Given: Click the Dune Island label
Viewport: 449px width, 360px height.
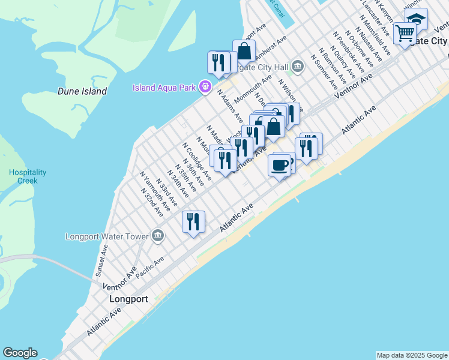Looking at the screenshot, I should coord(82,92).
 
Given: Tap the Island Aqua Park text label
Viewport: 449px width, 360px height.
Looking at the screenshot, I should coord(164,88).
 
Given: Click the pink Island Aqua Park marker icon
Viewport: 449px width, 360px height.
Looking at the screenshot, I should coord(205,88).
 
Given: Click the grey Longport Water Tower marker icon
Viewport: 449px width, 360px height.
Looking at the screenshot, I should coord(157,235).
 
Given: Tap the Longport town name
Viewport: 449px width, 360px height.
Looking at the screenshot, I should coord(128,298).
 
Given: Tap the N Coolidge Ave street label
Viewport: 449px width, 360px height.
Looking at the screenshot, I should coord(197,161).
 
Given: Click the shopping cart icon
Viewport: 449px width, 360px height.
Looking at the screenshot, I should coord(405,34).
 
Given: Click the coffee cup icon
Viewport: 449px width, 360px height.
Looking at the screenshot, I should coord(279,165).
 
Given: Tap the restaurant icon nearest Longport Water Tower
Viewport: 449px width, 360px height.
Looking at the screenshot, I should coord(193,221).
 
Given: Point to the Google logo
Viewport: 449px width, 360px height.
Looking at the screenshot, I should coord(20,353).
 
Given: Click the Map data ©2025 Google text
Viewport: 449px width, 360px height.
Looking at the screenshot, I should coord(412,355).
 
